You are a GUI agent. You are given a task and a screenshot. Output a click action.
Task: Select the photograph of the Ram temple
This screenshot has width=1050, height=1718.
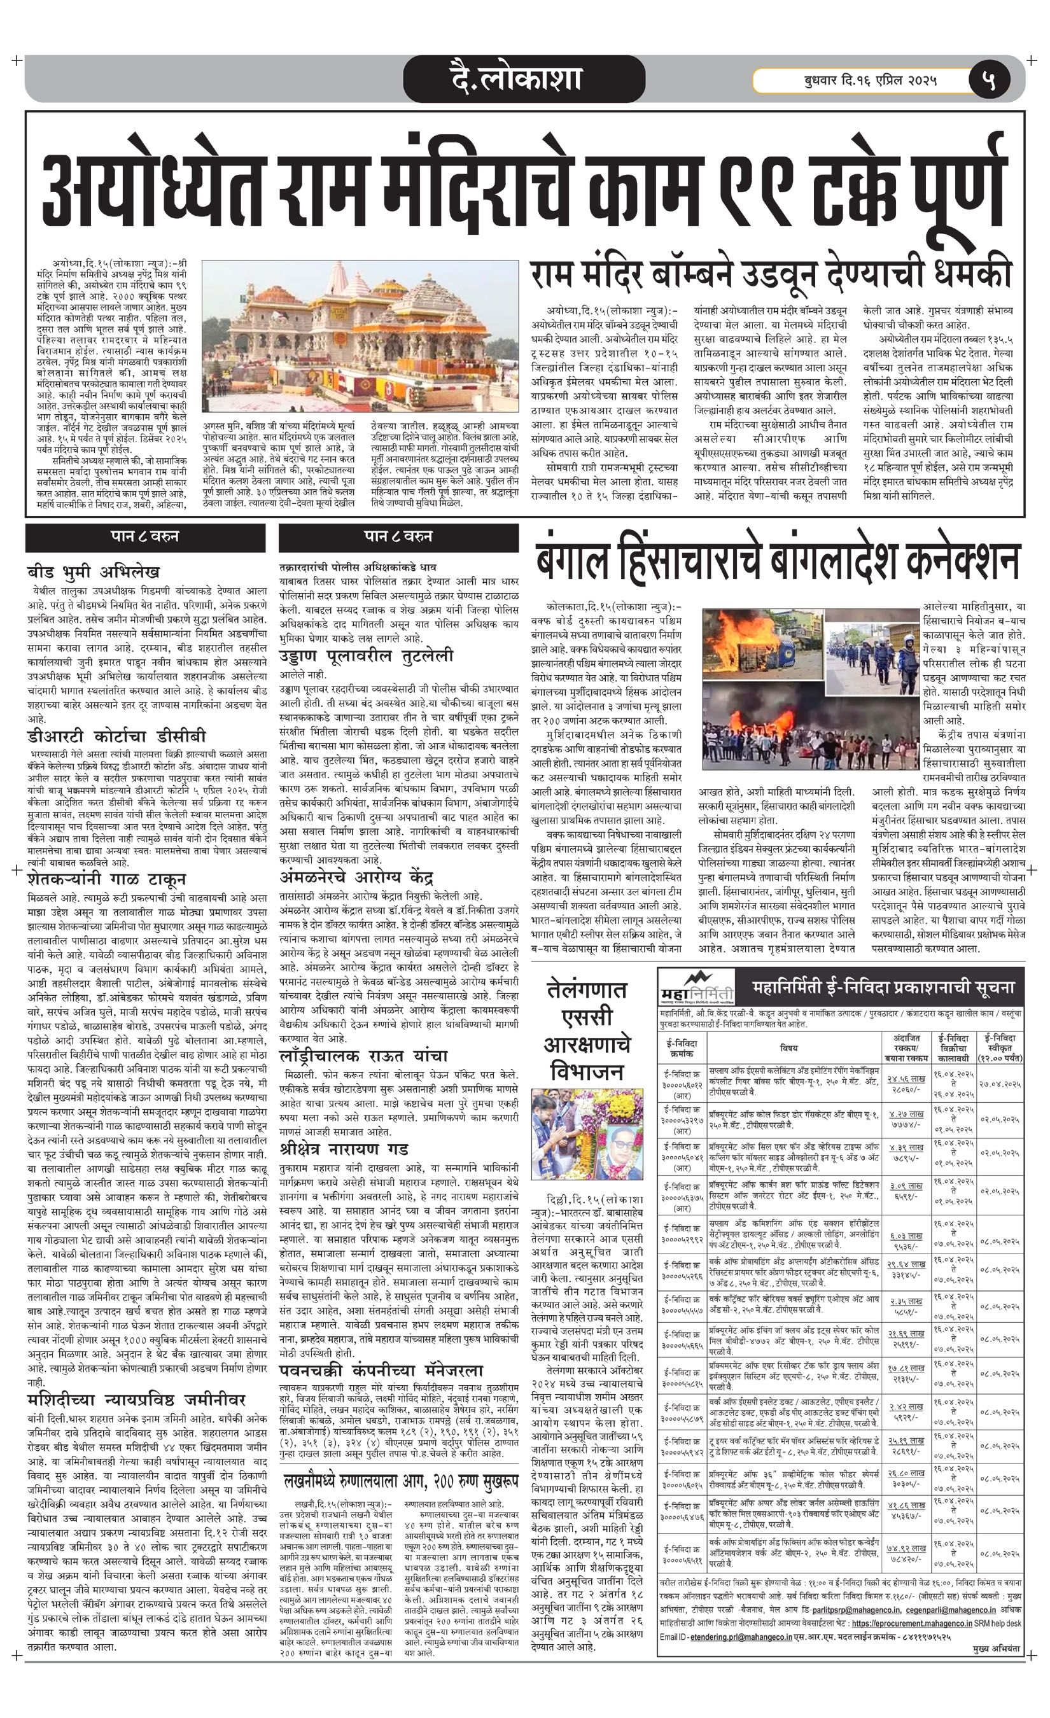pyautogui.click(x=360, y=336)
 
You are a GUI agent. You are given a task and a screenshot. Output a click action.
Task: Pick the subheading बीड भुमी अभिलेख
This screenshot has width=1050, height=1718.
pyautogui.click(x=94, y=571)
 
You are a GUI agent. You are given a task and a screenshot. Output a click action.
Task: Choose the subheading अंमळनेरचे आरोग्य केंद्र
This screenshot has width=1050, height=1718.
pyautogui.click(x=356, y=876)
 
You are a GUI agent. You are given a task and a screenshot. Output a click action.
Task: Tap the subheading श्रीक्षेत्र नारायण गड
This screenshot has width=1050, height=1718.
pyautogui.click(x=344, y=1148)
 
